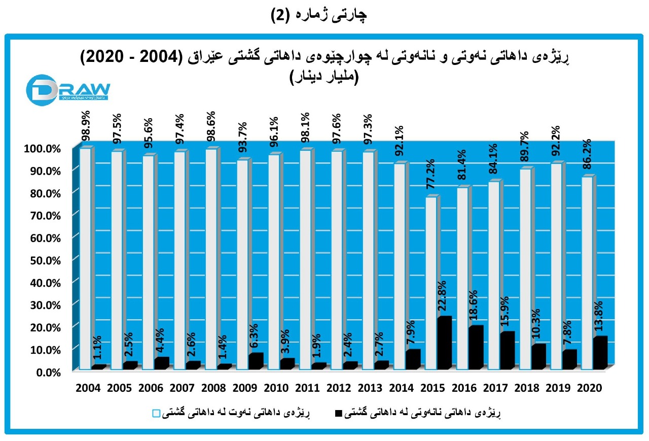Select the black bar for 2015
tap(444, 343)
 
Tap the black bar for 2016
tap(476, 348)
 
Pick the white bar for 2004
tap(85, 259)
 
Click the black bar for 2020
tap(600, 353)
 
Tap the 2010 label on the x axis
tap(276, 388)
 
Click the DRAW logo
tap(68, 89)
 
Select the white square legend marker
tap(156, 414)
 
